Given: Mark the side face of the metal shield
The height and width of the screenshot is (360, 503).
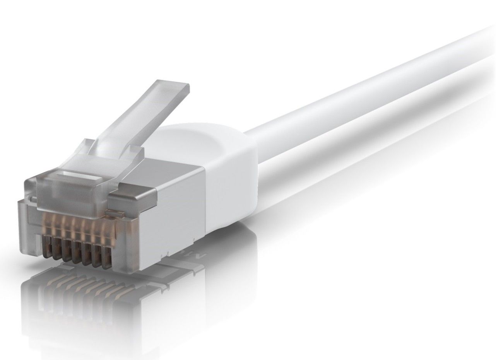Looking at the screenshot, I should (x=163, y=217).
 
